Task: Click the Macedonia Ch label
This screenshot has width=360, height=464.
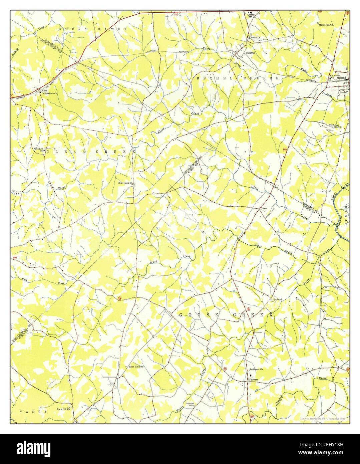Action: coord(326,25)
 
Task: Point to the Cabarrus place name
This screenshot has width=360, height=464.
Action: coord(251,53)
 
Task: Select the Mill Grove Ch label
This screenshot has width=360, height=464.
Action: coord(335,77)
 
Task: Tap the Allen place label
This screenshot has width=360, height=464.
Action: coord(44,91)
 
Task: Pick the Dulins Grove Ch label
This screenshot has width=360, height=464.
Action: coord(49,94)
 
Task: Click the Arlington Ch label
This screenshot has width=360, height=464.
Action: coord(39,150)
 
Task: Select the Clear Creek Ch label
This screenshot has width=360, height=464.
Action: coord(125,183)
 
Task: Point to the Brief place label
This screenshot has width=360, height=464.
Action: coord(265,208)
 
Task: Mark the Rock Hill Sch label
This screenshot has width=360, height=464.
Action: coord(136,367)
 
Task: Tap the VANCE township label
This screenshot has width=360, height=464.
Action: coord(33,412)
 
